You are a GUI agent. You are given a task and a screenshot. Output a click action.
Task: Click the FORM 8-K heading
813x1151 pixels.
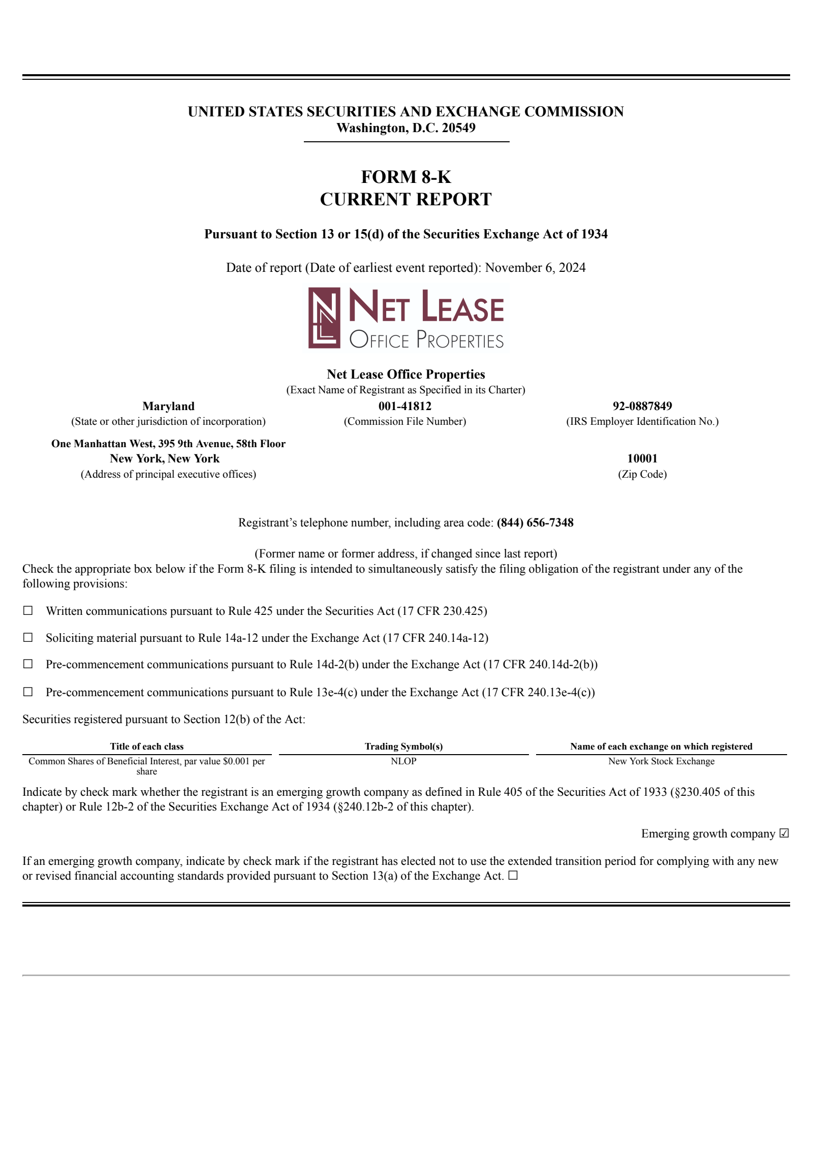[x=405, y=177]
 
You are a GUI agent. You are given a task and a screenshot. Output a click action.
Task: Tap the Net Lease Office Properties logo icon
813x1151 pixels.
[x=324, y=318]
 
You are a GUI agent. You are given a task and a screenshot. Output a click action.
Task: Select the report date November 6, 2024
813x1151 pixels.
[x=535, y=268]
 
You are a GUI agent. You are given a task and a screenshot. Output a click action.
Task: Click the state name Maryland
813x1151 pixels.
[x=168, y=406]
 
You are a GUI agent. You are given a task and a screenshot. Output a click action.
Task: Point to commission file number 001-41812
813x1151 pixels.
[x=404, y=406]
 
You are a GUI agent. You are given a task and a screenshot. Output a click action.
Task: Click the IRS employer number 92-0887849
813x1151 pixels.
[x=642, y=406]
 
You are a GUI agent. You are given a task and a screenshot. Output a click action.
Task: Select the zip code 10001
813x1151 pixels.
[x=642, y=458]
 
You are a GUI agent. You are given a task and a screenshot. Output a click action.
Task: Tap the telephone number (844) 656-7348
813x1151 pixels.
[x=535, y=522]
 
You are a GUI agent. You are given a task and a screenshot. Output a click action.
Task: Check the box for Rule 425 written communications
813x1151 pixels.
[x=28, y=610]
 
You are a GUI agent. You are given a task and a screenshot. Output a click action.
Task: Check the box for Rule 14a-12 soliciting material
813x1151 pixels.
[x=28, y=637]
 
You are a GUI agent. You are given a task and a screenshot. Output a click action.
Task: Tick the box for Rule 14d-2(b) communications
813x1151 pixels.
[x=28, y=664]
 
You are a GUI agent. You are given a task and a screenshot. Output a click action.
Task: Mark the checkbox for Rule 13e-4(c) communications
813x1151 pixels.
[x=28, y=692]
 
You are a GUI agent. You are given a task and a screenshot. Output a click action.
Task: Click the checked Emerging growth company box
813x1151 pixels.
[x=784, y=833]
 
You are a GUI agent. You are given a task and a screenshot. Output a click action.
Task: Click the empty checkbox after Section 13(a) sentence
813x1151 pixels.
[x=513, y=876]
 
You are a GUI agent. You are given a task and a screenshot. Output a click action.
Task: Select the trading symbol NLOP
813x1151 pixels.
[x=403, y=761]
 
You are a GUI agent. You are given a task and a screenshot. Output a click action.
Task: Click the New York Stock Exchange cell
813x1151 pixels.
[x=661, y=761]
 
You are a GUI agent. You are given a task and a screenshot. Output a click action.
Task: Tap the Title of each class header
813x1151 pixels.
[x=147, y=746]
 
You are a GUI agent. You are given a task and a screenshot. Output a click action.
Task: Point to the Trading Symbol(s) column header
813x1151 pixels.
[x=403, y=746]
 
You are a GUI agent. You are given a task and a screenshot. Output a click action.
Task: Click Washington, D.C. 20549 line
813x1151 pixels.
[x=405, y=128]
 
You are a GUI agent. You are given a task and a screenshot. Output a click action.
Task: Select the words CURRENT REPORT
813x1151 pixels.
[x=405, y=199]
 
